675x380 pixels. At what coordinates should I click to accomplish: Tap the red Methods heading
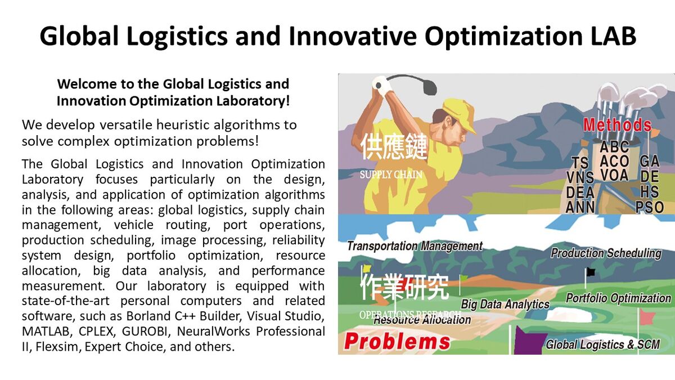(x=617, y=125)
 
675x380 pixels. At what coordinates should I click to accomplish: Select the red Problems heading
(x=397, y=341)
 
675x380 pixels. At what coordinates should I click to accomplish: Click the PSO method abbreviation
(x=650, y=207)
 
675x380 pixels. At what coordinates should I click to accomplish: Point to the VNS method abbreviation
(x=580, y=178)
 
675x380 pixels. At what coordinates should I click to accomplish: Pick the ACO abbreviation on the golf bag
(x=614, y=162)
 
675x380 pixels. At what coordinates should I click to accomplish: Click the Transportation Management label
(x=415, y=246)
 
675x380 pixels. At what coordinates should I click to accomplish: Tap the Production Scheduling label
(x=606, y=253)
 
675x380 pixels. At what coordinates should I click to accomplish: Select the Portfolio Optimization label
(x=618, y=298)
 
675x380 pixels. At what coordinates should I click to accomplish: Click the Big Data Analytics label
(x=505, y=304)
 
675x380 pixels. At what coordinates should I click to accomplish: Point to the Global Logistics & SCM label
(x=602, y=345)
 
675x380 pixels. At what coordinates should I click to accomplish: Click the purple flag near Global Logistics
(x=529, y=340)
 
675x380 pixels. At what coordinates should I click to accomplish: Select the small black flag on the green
(x=591, y=272)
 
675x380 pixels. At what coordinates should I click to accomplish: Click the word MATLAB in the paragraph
(x=46, y=332)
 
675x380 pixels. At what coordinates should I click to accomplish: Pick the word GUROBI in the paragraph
(x=145, y=332)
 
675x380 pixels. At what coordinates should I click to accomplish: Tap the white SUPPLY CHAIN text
(x=391, y=175)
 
